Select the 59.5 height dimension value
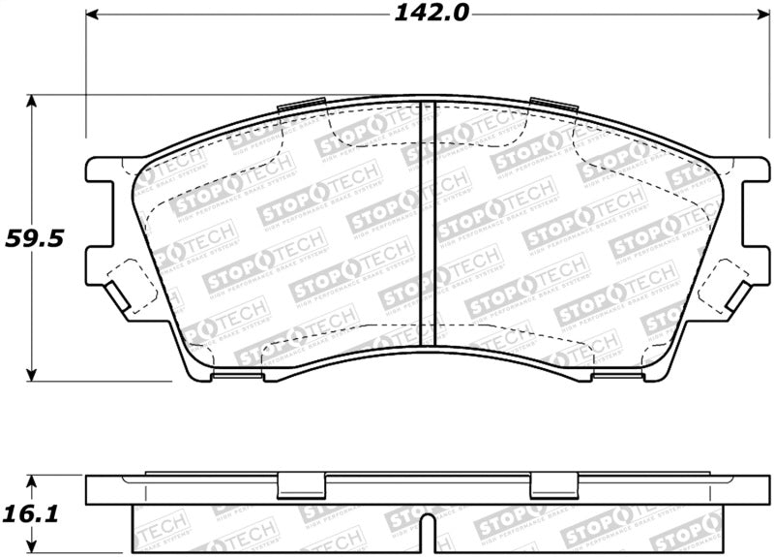35,237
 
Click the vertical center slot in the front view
432,223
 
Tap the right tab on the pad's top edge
550,106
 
